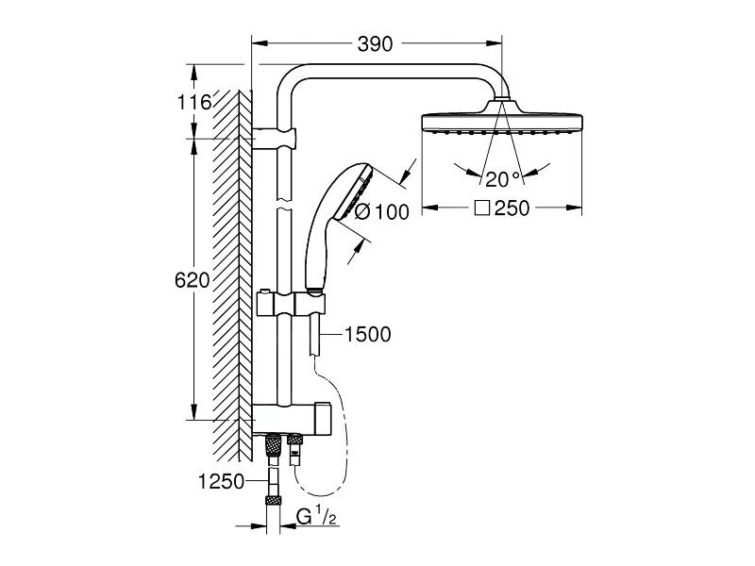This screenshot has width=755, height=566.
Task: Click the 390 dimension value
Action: point(375,43)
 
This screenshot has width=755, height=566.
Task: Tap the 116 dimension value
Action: point(194,102)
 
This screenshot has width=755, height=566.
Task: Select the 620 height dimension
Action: point(193,280)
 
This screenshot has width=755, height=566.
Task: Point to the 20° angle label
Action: point(503,179)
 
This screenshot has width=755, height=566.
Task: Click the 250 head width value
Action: point(512,208)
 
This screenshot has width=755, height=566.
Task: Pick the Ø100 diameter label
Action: point(382,211)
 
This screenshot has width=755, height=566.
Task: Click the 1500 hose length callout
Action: point(368,334)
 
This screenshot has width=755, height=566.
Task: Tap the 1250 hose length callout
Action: point(222,481)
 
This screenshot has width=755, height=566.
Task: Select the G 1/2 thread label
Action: point(316,517)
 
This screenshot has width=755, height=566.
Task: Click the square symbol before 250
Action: point(482,208)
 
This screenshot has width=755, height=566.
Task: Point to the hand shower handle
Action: point(316,249)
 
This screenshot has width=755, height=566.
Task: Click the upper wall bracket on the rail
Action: point(274,139)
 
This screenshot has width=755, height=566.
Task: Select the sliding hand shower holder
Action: point(291,304)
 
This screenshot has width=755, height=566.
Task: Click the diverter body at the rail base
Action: point(292,419)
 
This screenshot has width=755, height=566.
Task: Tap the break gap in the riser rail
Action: point(284,204)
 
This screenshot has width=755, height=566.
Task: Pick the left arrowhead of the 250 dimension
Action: point(430,208)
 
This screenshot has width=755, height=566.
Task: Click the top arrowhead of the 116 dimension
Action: point(194,73)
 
